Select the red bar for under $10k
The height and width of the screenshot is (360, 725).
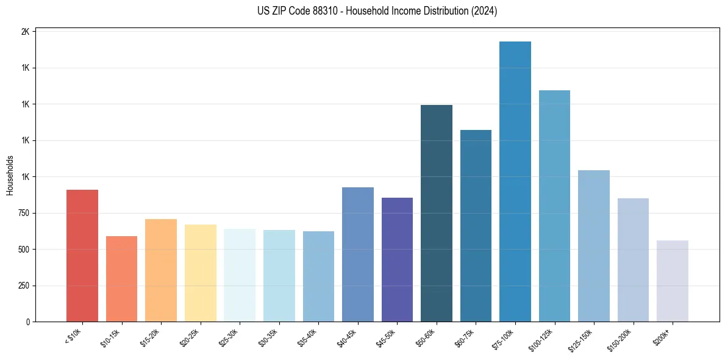pyautogui.click(x=82, y=256)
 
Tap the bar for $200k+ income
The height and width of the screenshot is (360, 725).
pyautogui.click(x=673, y=281)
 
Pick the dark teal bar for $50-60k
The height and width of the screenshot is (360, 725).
pyautogui.click(x=437, y=213)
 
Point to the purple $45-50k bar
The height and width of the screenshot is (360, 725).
pyautogui.click(x=397, y=259)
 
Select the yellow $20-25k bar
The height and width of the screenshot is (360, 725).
pyautogui.click(x=201, y=273)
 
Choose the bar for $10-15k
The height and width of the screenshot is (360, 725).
pyautogui.click(x=121, y=279)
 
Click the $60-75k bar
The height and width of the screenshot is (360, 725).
pyautogui.click(x=476, y=226)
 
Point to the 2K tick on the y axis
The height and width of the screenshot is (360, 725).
pyautogui.click(x=25, y=32)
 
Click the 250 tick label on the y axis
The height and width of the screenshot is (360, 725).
pyautogui.click(x=23, y=286)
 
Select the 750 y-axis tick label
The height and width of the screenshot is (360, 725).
pyautogui.click(x=23, y=213)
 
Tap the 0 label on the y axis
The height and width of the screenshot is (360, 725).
pyautogui.click(x=27, y=322)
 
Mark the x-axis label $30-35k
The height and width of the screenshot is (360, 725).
pyautogui.click(x=268, y=337)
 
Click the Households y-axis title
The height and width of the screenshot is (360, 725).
pyautogui.click(x=10, y=175)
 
